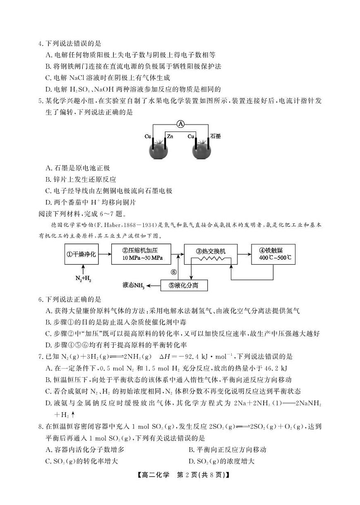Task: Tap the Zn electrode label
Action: point(170,136)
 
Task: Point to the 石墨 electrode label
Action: point(216,136)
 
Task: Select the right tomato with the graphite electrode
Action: point(202,149)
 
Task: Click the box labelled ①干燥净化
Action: point(82,254)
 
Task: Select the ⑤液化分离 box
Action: point(184,285)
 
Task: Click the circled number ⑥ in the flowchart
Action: point(174,272)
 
